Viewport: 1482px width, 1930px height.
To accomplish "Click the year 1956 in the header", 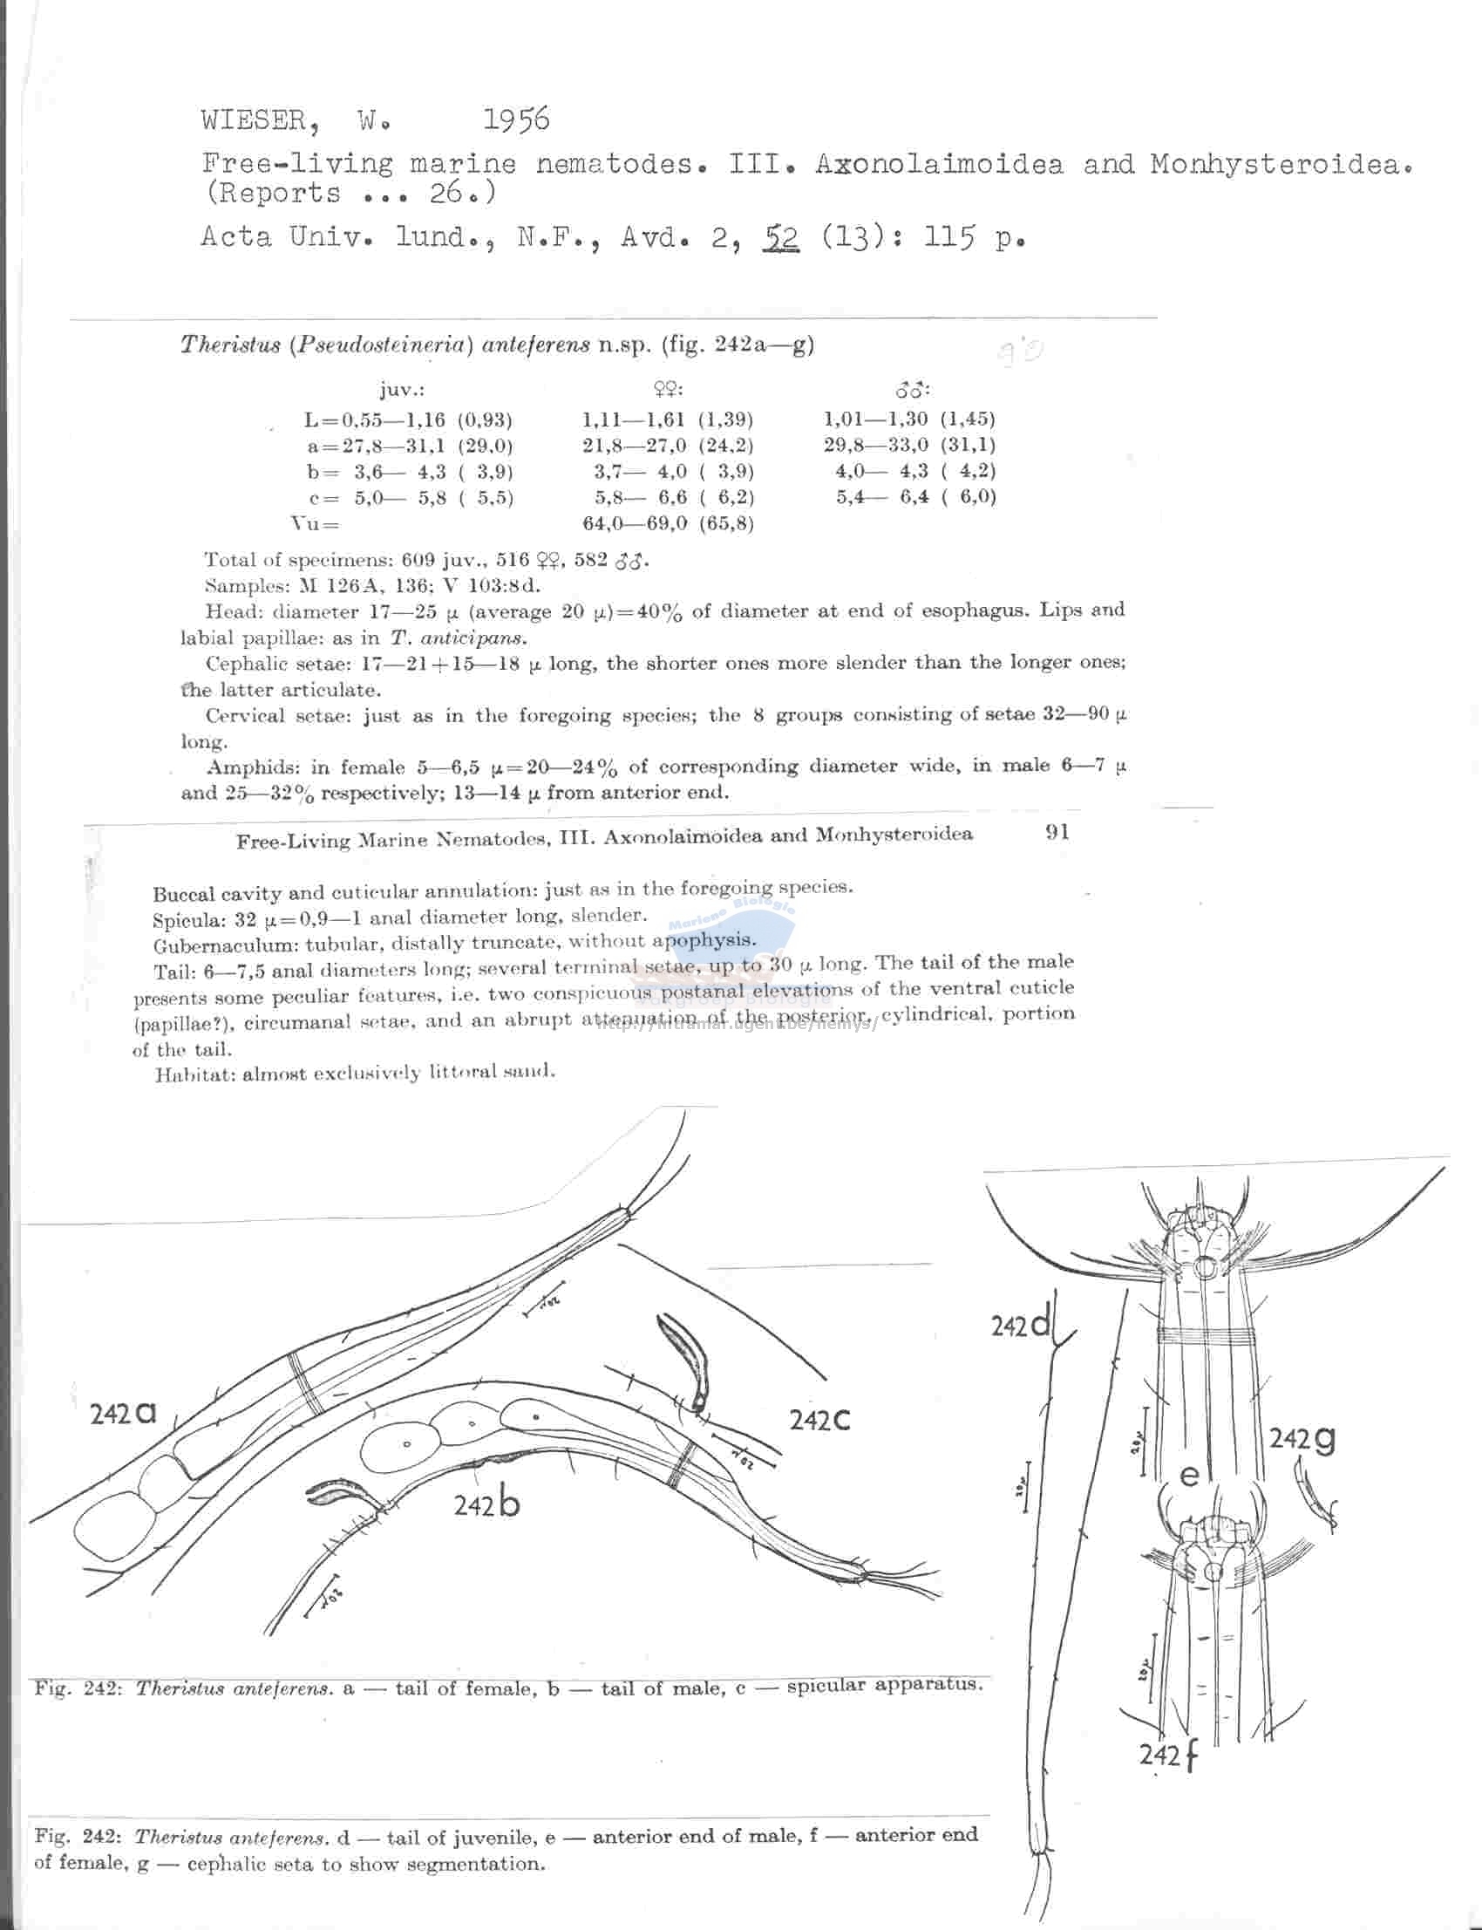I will point(516,120).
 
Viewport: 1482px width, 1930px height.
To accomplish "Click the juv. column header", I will point(402,391).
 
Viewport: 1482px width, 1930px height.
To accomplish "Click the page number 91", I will point(1057,832).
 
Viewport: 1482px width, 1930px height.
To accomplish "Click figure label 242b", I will point(486,1503).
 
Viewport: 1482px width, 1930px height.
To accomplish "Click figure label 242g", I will point(1302,1438).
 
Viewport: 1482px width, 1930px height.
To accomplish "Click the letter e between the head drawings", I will point(1189,1475).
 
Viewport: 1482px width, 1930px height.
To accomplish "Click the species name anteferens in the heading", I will point(535,345).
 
